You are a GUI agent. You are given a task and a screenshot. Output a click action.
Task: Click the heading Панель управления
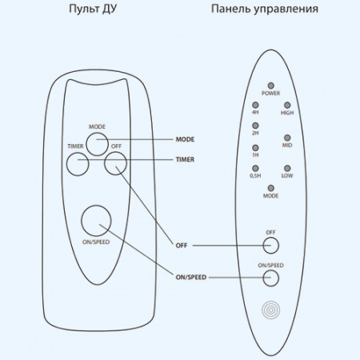point(264,11)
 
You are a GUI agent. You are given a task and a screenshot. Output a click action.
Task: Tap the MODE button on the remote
point(97,142)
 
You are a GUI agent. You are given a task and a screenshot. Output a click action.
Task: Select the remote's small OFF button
point(115,164)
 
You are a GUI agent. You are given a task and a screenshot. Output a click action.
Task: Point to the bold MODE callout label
point(185,139)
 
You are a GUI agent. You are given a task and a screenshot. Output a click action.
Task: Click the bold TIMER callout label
point(185,159)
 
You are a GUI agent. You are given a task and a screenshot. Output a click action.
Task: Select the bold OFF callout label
point(182,245)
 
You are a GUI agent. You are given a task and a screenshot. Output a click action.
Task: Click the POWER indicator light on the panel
point(270,85)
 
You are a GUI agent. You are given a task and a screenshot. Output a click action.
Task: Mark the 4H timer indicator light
point(255,104)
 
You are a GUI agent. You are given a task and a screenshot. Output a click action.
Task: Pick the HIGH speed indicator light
point(286,104)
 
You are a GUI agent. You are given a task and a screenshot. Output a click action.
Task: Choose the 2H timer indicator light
point(255,124)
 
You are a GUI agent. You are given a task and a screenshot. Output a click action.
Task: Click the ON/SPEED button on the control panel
point(270,278)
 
